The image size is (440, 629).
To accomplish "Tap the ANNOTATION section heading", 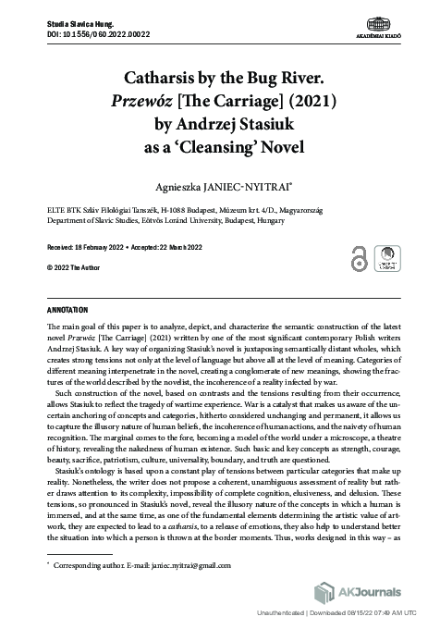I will (67, 308).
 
